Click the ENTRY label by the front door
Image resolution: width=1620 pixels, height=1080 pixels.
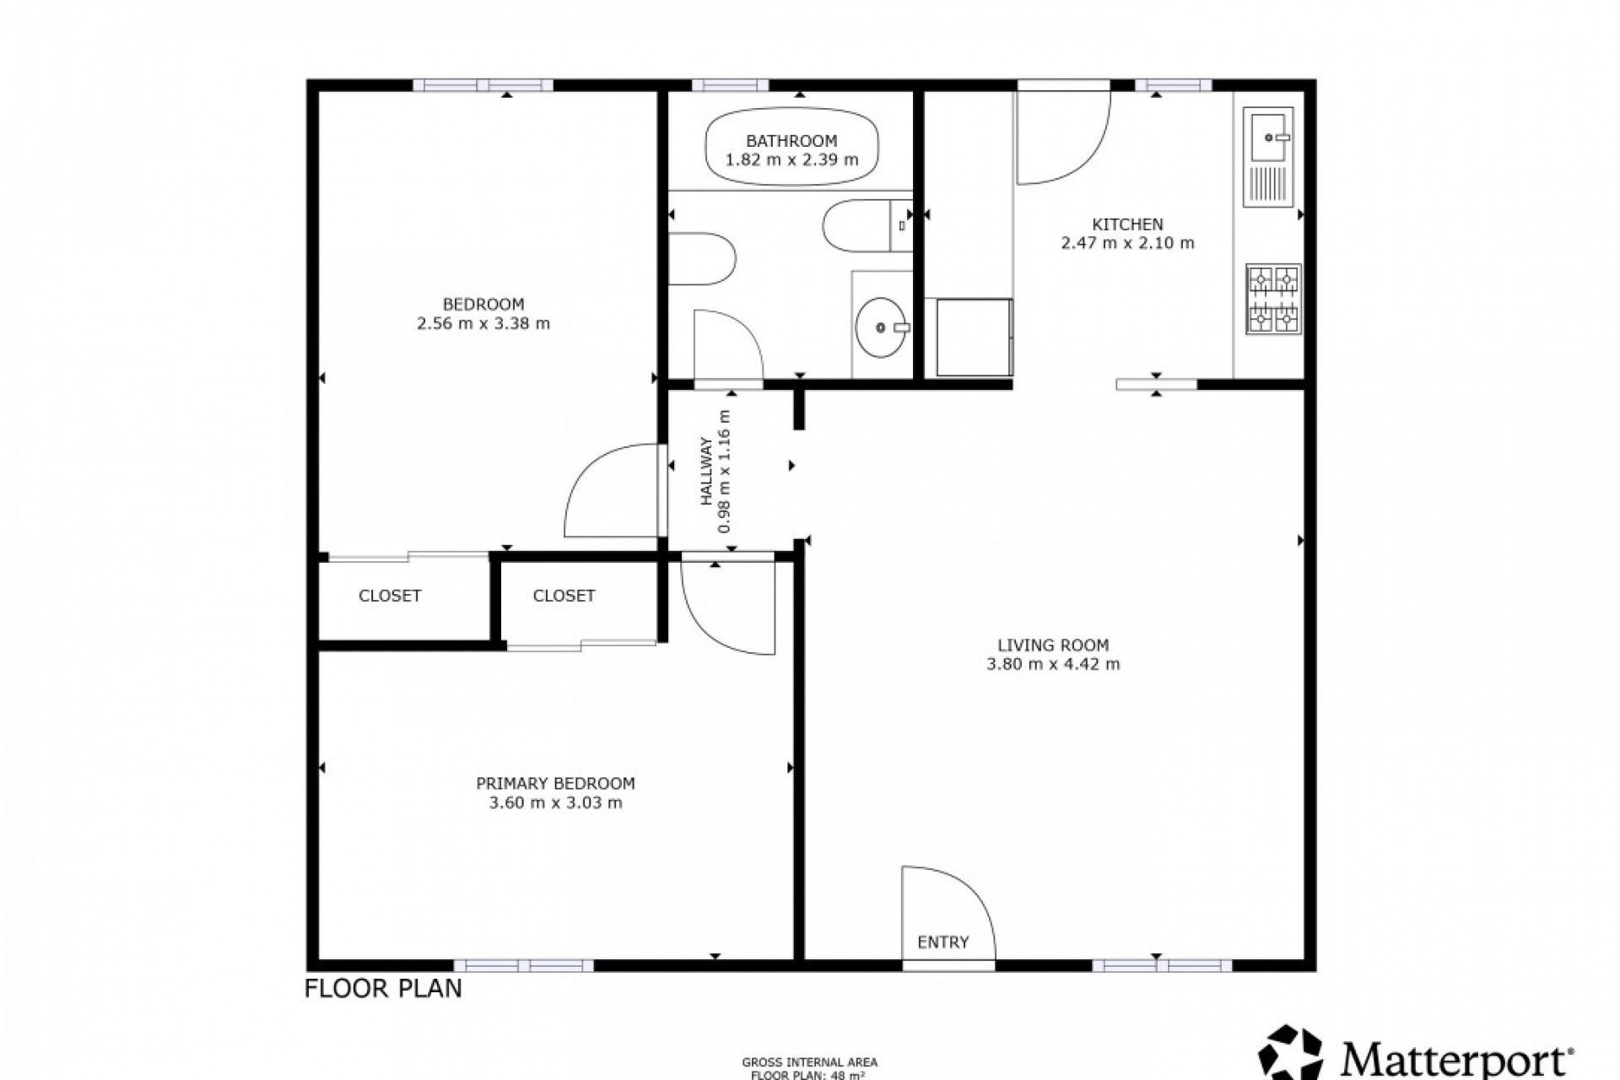pos(942,942)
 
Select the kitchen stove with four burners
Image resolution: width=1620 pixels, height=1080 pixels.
pos(1273,299)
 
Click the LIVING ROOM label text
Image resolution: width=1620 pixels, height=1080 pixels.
pos(1053,645)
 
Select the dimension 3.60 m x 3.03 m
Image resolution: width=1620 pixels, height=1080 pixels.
pos(555,802)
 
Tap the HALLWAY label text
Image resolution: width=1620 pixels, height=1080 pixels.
pos(706,483)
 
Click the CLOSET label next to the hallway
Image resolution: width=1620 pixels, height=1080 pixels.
pos(564,596)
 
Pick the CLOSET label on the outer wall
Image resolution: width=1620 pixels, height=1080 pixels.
pos(389,596)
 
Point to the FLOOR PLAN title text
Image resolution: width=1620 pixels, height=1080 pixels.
pos(383,989)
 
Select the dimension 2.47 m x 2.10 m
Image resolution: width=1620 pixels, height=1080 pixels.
pos(1127,244)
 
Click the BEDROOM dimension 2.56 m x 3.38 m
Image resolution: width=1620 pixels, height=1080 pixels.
pos(483,323)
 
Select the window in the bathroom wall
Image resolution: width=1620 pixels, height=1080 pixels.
pos(730,85)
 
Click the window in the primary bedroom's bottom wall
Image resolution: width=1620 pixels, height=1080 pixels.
pos(524,965)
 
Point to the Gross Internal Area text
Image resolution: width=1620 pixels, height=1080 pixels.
pos(809,1062)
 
